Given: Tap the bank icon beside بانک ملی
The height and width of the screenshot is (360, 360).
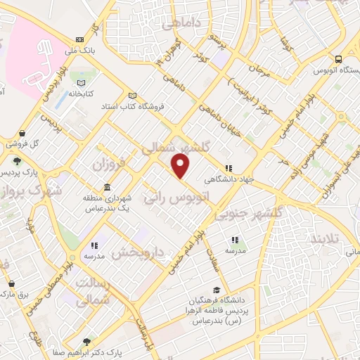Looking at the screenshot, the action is (x=79, y=40).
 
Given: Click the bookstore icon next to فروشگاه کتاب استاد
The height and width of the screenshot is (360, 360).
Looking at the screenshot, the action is (x=132, y=96).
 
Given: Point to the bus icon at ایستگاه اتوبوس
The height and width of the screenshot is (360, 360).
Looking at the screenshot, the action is (x=339, y=59).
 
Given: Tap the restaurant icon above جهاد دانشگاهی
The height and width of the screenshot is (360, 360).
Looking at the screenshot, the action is (x=228, y=168).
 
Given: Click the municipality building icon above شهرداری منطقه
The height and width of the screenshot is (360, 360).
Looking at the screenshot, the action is (x=106, y=188).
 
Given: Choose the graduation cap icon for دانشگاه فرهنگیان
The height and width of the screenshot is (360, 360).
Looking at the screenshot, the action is (x=218, y=290).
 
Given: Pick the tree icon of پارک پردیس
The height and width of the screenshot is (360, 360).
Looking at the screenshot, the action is (x=16, y=162).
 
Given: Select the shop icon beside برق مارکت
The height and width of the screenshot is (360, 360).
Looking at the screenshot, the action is (x=10, y=285).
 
